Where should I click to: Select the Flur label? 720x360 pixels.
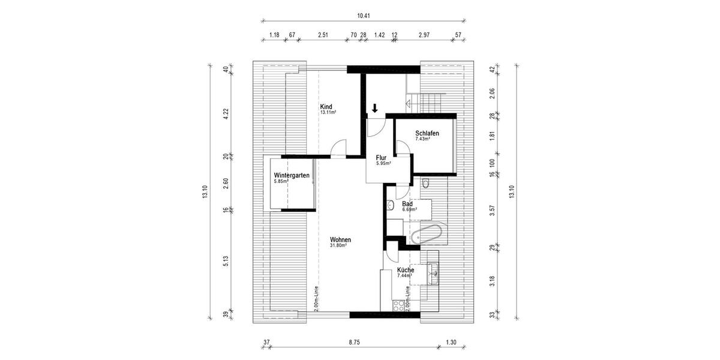382,157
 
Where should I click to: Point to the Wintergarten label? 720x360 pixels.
292,176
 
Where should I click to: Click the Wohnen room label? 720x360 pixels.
340,240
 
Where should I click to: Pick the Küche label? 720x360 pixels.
406,271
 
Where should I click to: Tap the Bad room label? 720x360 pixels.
407,204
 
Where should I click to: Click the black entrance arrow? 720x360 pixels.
374,109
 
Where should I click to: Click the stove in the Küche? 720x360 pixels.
398,305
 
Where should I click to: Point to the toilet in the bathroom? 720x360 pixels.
426,182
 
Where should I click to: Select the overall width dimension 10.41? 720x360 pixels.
362,17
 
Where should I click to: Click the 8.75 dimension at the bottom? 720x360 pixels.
356,343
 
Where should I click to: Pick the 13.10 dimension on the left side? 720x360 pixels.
205,192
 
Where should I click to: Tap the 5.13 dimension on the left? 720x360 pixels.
226,263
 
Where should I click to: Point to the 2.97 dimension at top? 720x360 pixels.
425,35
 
